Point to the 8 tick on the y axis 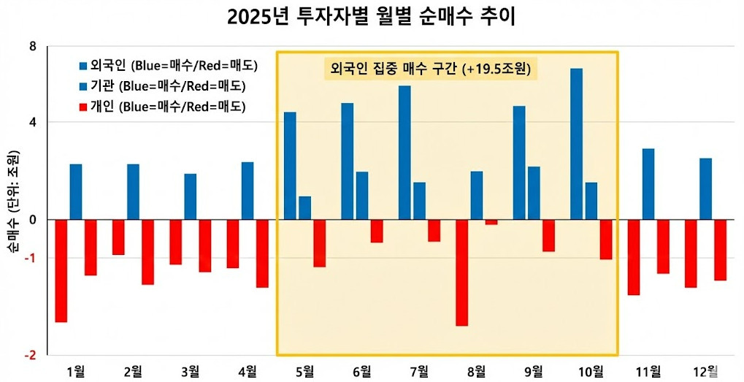click(32, 47)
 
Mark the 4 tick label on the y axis click(32, 122)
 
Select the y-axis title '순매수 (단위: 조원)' click(12, 204)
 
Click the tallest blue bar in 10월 click(576, 144)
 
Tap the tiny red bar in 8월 click(491, 222)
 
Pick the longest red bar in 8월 click(461, 272)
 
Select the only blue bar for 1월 click(76, 191)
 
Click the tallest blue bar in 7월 click(404, 153)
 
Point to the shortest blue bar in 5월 click(304, 207)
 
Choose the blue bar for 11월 click(648, 183)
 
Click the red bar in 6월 click(376, 231)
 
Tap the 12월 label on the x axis click(705, 371)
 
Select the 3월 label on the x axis click(190, 371)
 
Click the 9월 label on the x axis click(534, 371)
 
